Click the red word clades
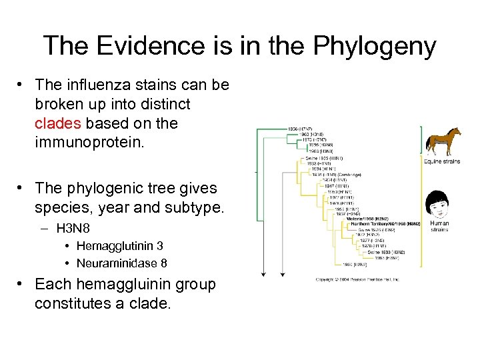57,124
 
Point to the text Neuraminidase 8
122,263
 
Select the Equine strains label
442,161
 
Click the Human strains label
439,227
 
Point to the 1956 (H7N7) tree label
302,127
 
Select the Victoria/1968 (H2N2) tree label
367,217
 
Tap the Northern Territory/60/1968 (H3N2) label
386,223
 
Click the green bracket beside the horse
421,140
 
